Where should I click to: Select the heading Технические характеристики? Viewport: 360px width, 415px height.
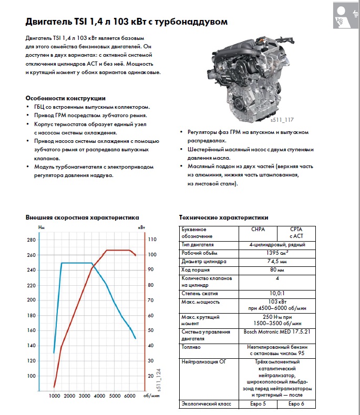(223, 217)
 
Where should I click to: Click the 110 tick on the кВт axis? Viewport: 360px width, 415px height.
(152, 240)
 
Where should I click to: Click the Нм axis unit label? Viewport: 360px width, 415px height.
(43, 226)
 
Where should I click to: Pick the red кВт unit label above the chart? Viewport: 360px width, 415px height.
(141, 226)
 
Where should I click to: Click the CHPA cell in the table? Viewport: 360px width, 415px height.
(258, 230)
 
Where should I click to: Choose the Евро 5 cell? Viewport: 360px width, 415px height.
(258, 404)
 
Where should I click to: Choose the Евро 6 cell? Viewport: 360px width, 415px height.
(296, 404)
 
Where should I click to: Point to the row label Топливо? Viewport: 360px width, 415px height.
(190, 347)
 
